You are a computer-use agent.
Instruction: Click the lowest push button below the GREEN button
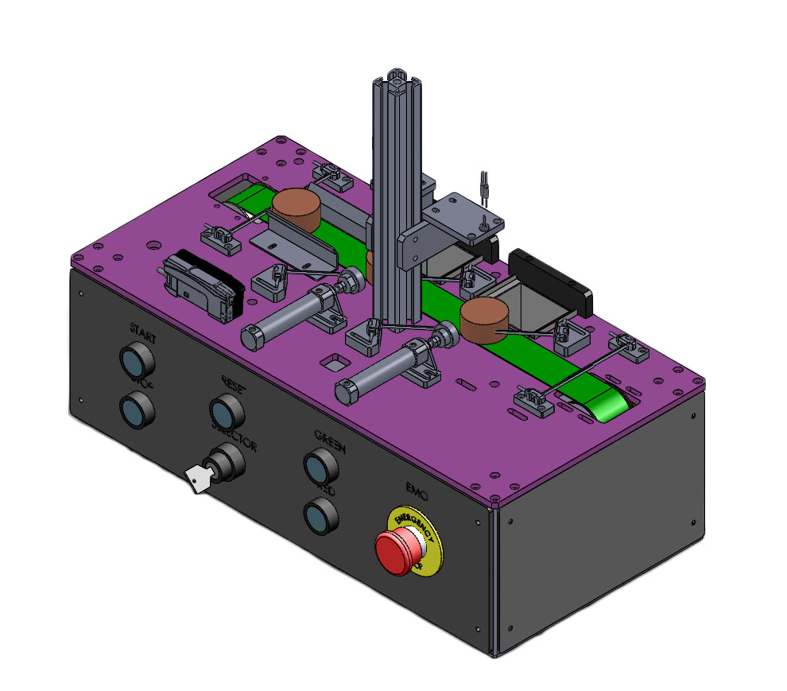(321, 515)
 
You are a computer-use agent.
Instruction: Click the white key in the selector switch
(197, 479)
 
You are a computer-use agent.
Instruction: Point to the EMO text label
(417, 494)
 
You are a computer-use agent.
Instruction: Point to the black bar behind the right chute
(552, 278)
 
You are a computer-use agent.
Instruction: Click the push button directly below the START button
(135, 410)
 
